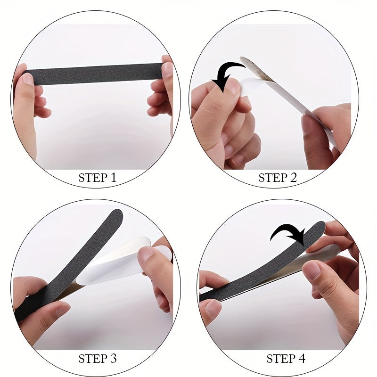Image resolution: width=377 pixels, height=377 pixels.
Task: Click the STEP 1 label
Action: click(x=98, y=178)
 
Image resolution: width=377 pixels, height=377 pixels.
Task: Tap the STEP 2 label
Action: click(x=278, y=178)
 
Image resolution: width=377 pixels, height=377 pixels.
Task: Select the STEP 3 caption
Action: click(x=98, y=359)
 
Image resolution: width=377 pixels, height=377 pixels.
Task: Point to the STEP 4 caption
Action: click(x=286, y=359)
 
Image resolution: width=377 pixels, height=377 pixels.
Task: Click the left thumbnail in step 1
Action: click(x=28, y=79)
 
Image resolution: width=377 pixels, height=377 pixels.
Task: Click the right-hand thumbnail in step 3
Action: click(x=145, y=254)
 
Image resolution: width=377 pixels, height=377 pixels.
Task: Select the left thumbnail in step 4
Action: click(x=213, y=309)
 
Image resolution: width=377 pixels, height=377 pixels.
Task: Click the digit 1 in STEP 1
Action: click(x=114, y=178)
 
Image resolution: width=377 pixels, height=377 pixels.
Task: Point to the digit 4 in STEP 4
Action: click(x=301, y=359)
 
